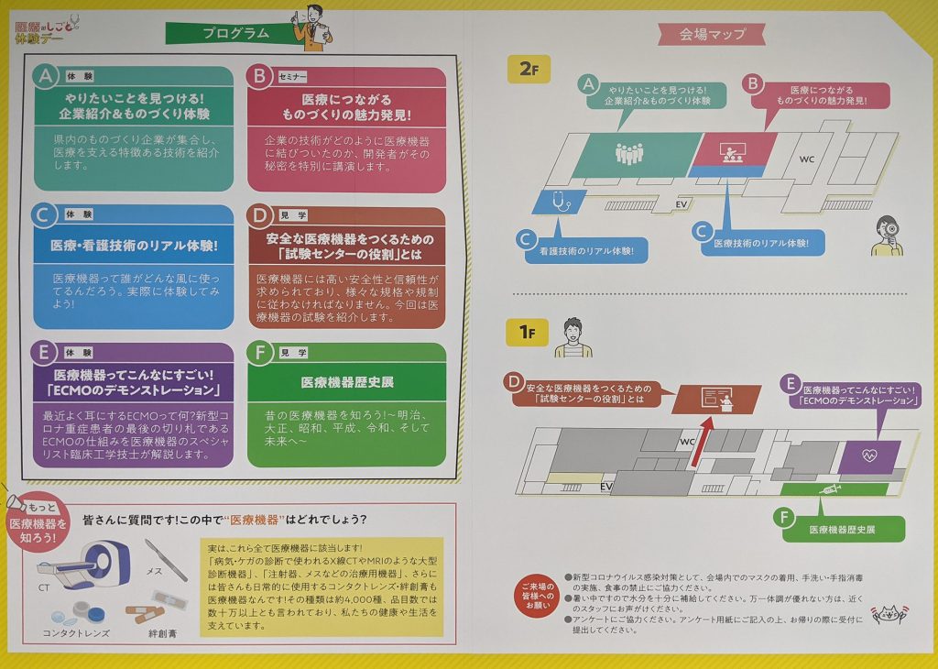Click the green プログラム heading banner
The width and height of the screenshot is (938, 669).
tap(234, 33)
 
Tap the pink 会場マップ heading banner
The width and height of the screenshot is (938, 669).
tap(712, 34)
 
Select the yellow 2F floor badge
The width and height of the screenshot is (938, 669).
tap(529, 69)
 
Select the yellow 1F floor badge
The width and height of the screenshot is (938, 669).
tap(527, 332)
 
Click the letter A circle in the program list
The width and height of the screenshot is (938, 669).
tap(46, 77)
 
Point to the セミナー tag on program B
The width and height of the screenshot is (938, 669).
tap(292, 77)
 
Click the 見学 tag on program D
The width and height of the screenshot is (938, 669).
tap(293, 215)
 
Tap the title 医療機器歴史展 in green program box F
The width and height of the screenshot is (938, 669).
tap(347, 382)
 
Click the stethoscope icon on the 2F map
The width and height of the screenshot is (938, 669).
tap(561, 201)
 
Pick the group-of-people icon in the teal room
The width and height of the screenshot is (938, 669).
tap(629, 154)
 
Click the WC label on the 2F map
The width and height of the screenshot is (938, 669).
tap(807, 159)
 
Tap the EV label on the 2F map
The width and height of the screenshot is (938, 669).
tap(681, 204)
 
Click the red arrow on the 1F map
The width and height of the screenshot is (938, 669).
tap(701, 442)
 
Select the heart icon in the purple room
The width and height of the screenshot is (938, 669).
tap(869, 456)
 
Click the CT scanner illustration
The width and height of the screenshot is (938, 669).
tap(83, 563)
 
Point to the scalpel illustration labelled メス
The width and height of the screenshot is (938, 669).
tap(166, 560)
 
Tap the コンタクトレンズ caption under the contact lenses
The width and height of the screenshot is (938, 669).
tap(76, 633)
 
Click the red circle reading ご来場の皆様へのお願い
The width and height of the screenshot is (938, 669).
tap(538, 596)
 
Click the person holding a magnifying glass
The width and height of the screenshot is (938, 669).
tap(887, 236)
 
